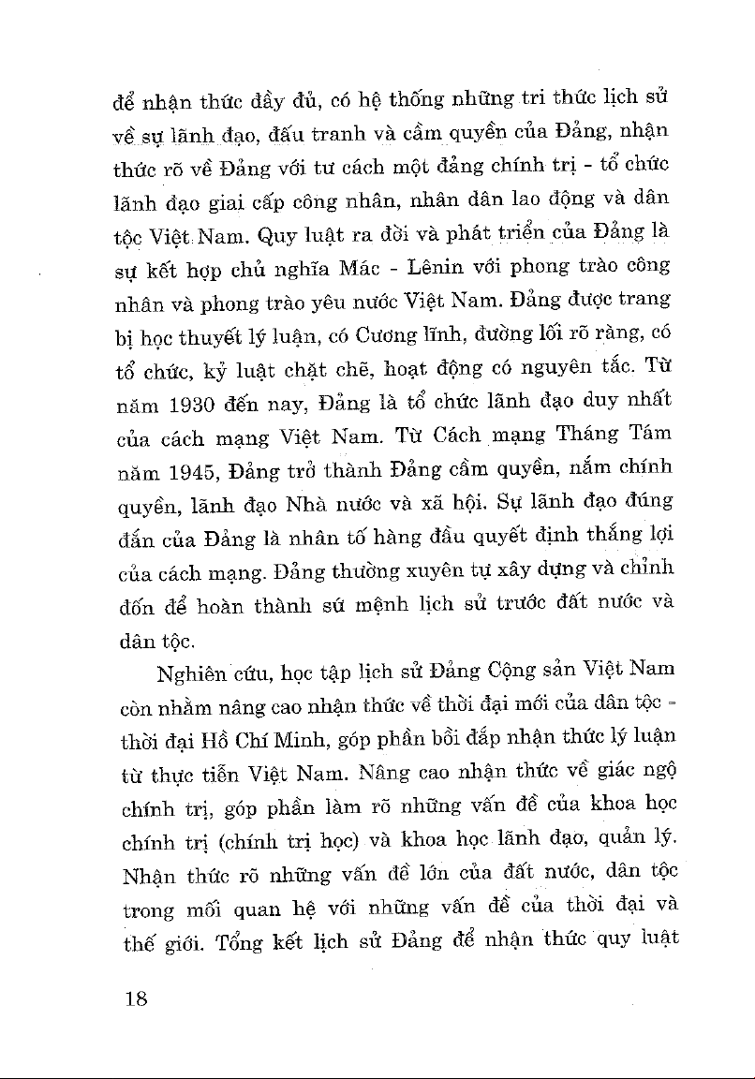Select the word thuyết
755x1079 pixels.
click(222, 334)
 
